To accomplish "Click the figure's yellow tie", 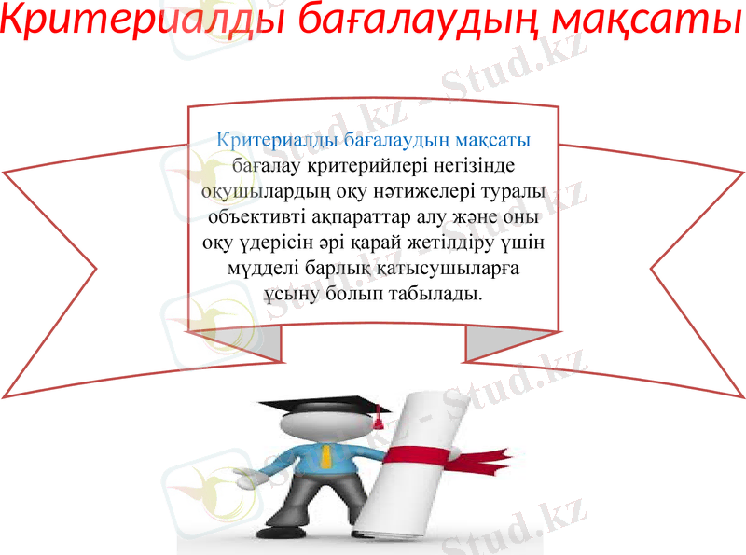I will pos(326,457).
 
